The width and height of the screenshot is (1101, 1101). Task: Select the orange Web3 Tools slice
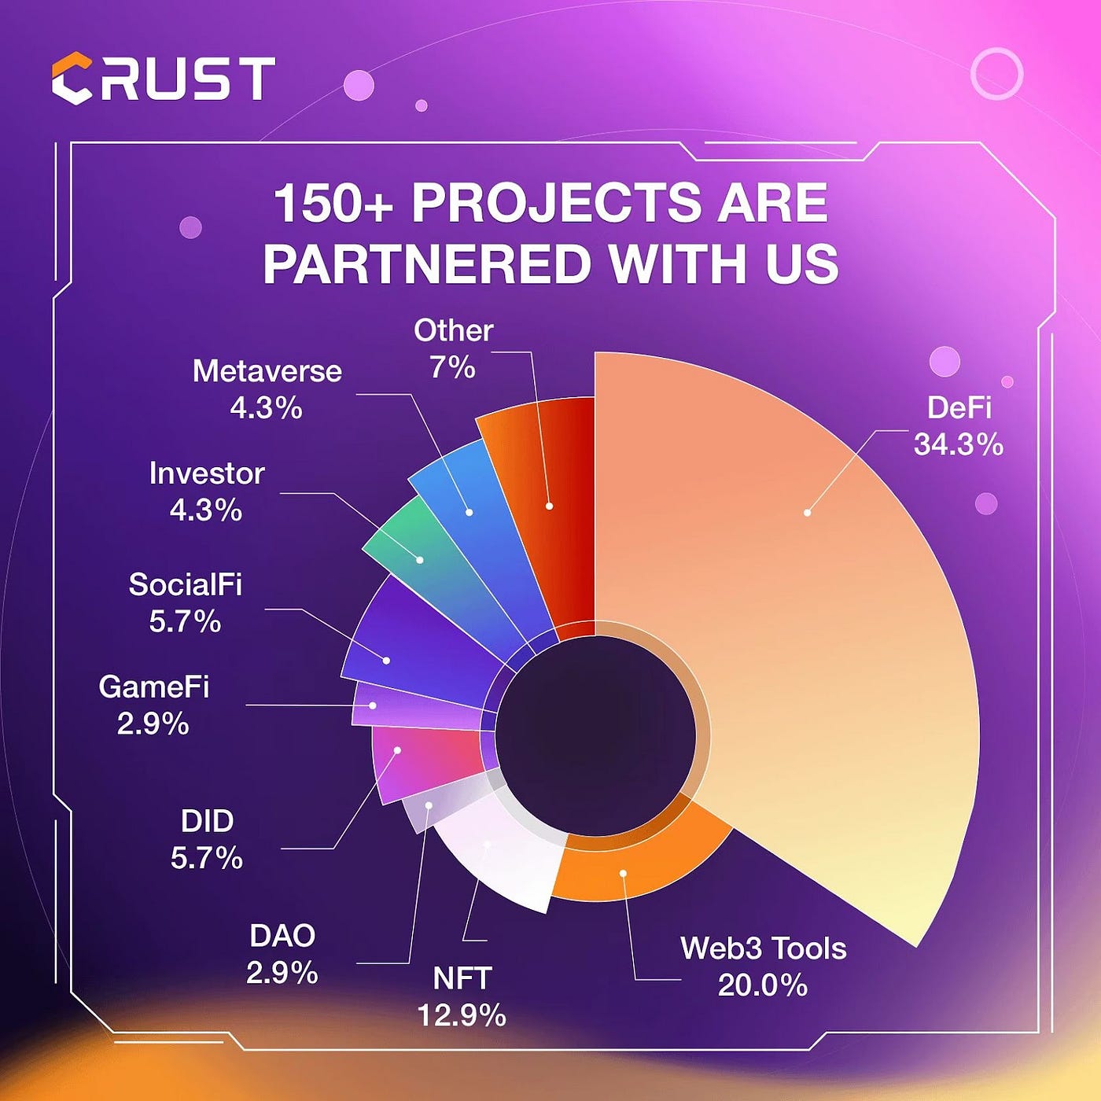[x=629, y=865]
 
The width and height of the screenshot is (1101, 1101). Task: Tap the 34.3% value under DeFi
[x=959, y=445]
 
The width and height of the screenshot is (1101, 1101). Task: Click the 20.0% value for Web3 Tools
[x=763, y=985]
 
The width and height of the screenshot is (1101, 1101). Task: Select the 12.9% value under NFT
[x=462, y=1015]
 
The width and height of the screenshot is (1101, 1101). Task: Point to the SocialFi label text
[x=186, y=584]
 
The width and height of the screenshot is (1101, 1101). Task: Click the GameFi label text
[x=154, y=687]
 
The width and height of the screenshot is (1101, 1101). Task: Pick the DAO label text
[x=282, y=936]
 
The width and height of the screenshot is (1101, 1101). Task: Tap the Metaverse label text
[x=267, y=371]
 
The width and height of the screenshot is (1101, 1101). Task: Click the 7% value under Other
[x=453, y=367]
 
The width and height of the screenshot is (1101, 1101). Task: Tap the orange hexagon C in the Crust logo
[x=72, y=79]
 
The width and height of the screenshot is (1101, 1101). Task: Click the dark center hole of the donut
[x=596, y=735]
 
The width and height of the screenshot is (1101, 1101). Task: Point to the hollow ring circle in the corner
[x=996, y=73]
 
